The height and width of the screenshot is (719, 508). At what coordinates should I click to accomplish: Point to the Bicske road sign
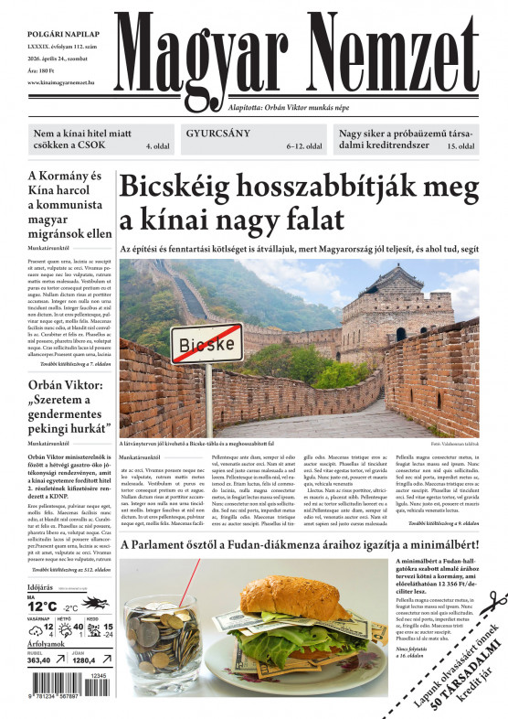pos(206,344)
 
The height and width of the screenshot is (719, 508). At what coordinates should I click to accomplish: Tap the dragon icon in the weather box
pos(95,603)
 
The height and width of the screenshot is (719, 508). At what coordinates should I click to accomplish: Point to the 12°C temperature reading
pos(42,606)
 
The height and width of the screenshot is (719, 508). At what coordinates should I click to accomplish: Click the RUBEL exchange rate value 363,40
pos(39,660)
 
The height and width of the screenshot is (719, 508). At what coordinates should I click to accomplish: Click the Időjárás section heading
pos(40,586)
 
